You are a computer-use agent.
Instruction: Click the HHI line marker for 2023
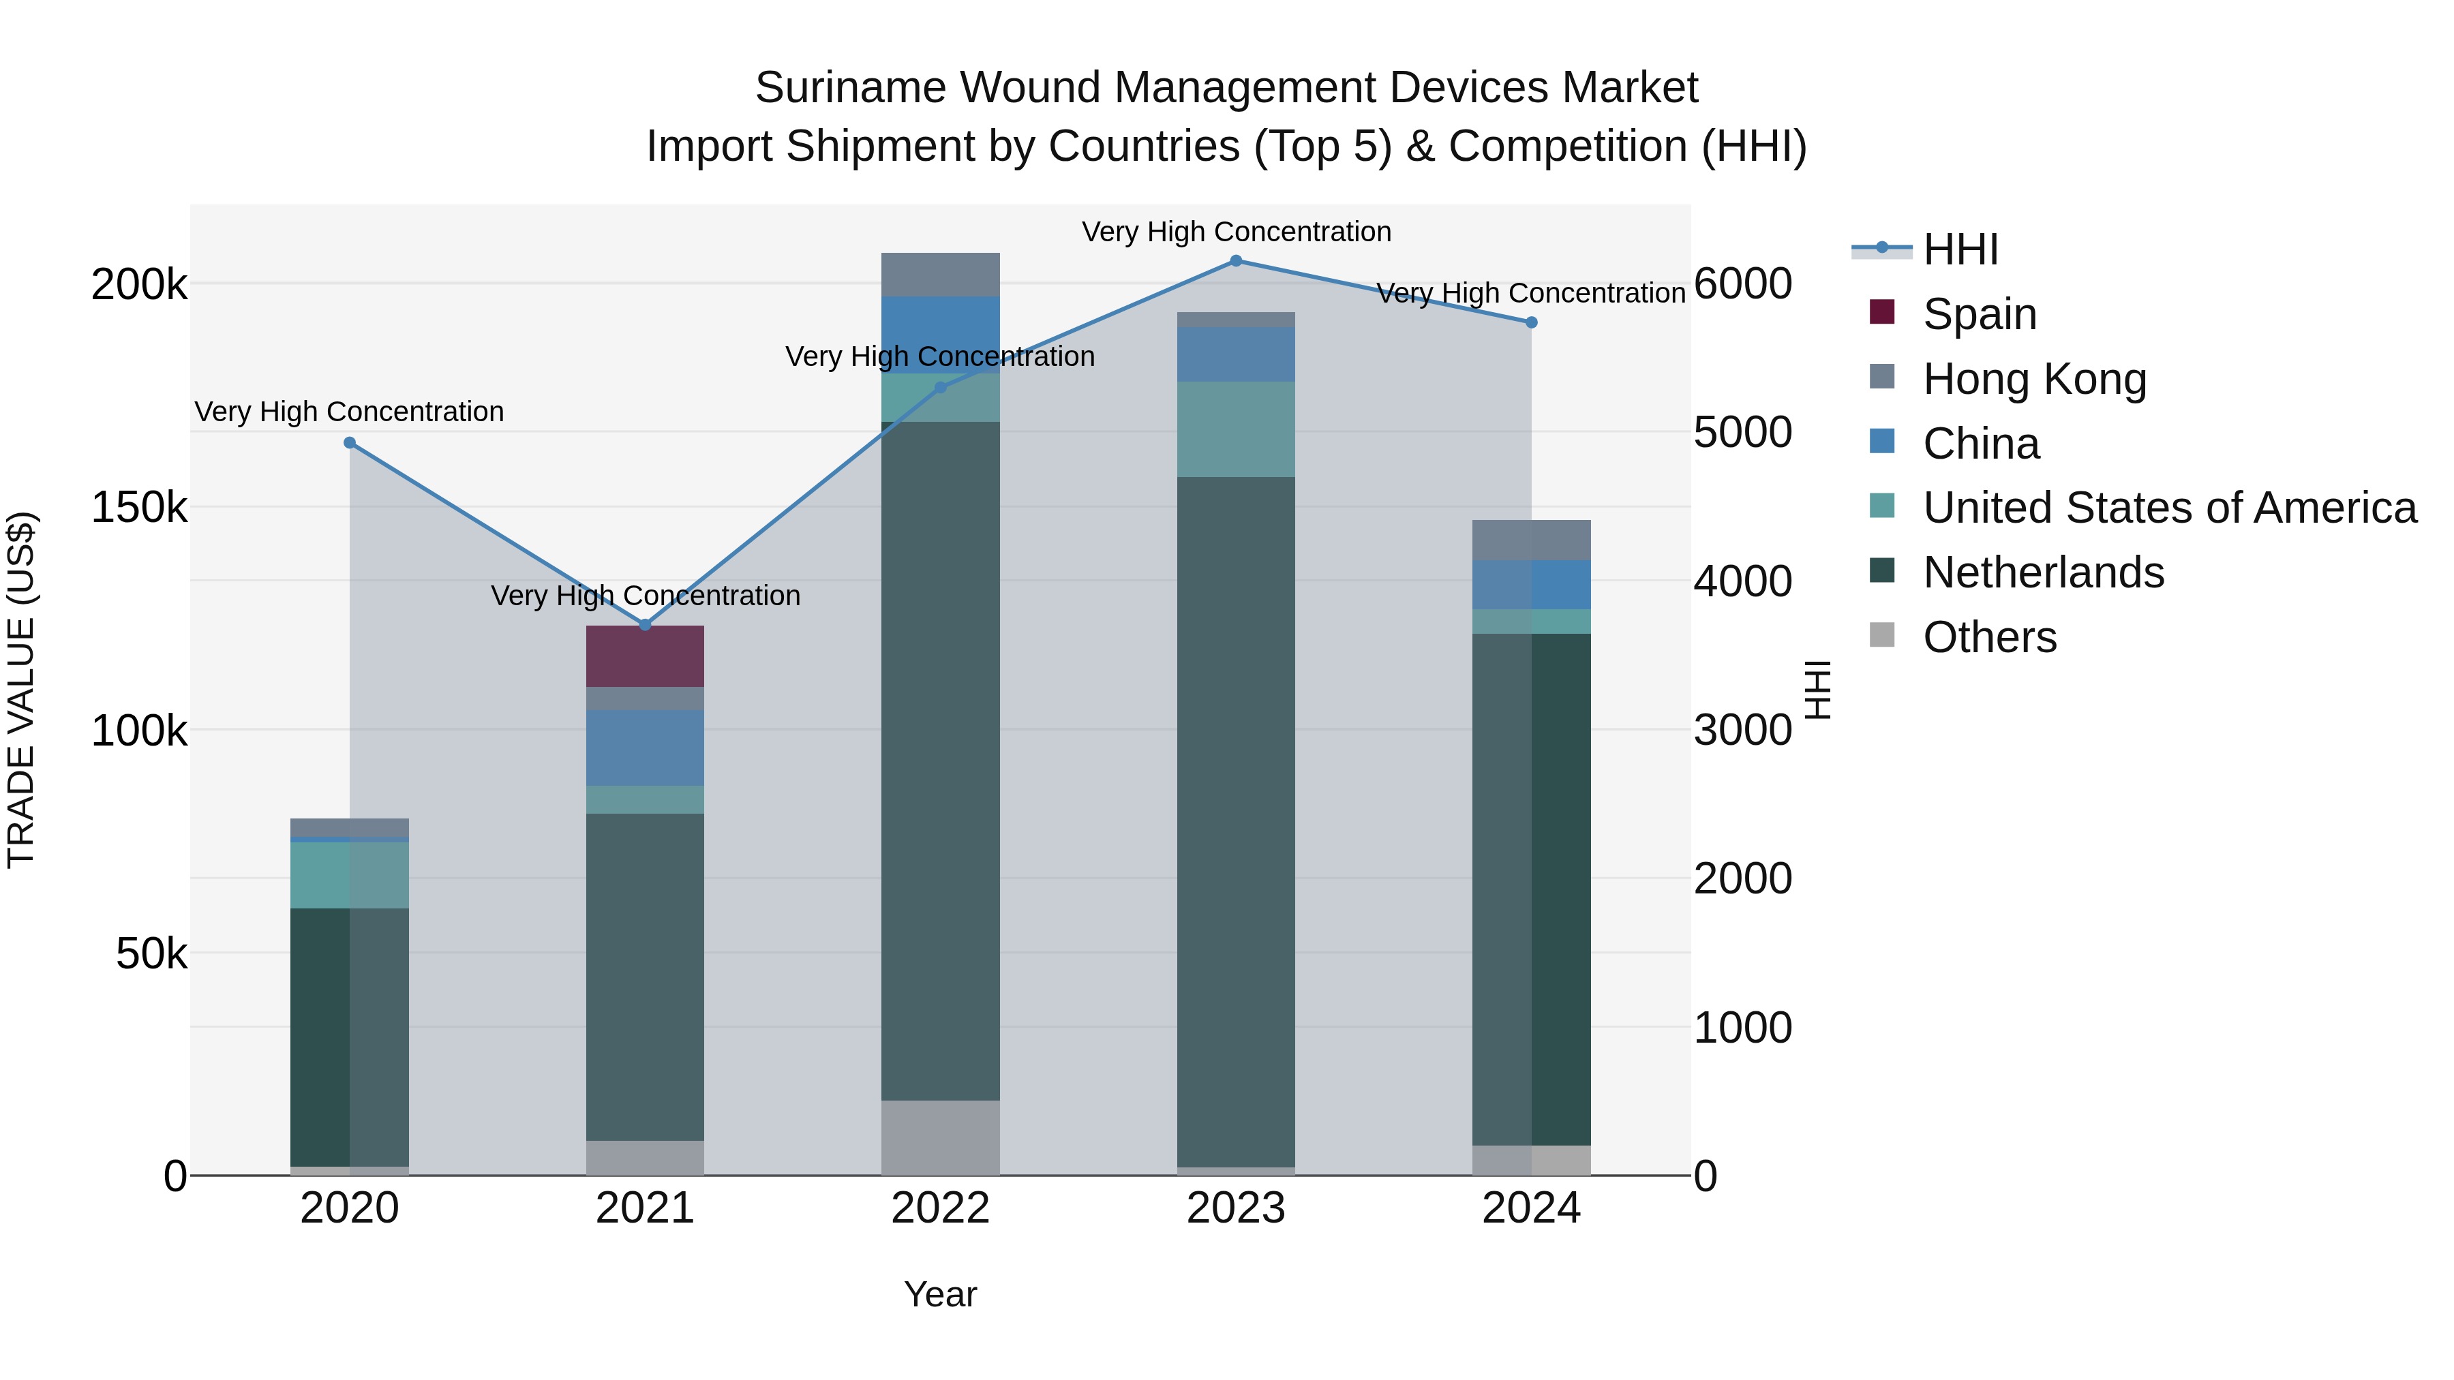1236,261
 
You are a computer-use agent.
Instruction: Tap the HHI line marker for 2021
645,625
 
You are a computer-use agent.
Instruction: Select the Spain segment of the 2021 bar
645,656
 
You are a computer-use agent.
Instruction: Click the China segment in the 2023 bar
1236,354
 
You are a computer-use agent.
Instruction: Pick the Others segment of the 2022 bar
940,1137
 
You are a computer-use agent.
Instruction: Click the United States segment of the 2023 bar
1236,429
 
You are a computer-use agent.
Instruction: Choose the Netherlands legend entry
2042,572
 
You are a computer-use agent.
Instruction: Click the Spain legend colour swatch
1882,312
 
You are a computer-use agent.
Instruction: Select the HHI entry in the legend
1960,249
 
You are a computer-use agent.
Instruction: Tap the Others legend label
1989,637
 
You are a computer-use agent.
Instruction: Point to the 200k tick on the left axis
139,283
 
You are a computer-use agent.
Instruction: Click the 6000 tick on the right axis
1742,283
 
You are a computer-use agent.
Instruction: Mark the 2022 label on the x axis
940,1208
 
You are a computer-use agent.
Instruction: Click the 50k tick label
151,953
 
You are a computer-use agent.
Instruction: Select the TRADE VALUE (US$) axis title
21,690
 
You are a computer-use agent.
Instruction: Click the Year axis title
940,1294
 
